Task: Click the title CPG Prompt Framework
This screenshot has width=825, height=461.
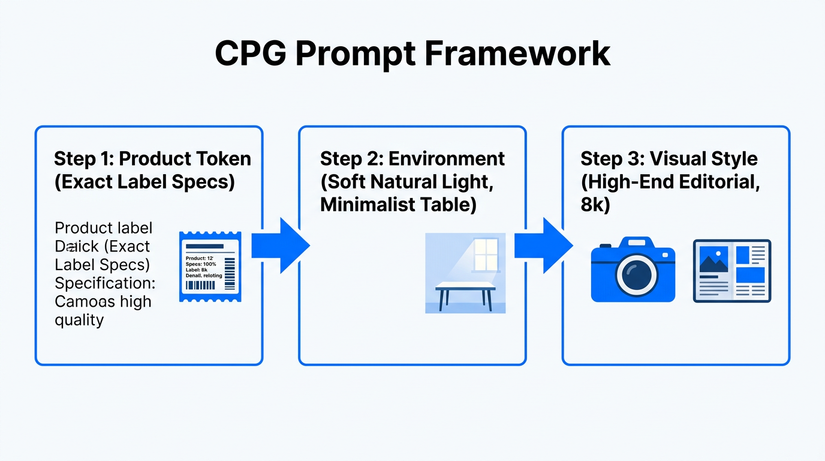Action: (x=412, y=54)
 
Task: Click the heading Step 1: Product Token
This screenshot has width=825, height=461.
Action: (x=152, y=159)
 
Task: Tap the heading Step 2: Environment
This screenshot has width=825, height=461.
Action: (x=412, y=159)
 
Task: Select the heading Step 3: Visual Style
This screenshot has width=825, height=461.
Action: (x=669, y=159)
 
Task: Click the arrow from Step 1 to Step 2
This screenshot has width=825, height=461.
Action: (x=279, y=246)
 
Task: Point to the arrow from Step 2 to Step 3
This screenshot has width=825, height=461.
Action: (x=543, y=246)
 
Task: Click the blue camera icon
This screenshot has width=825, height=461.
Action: (x=633, y=270)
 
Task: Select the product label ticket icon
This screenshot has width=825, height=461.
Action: (x=210, y=267)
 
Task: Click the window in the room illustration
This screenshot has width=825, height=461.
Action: (x=486, y=255)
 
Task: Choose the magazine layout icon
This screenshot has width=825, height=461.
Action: (x=732, y=271)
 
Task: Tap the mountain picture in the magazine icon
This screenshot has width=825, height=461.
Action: (x=713, y=259)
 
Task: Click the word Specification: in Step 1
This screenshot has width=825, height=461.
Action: (x=105, y=283)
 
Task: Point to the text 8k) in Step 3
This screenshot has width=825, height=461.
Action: (x=595, y=205)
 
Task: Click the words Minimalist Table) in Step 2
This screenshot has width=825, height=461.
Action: (x=398, y=205)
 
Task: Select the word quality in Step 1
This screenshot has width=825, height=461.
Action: (x=79, y=320)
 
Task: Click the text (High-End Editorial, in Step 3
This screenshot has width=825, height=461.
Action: (x=670, y=182)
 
